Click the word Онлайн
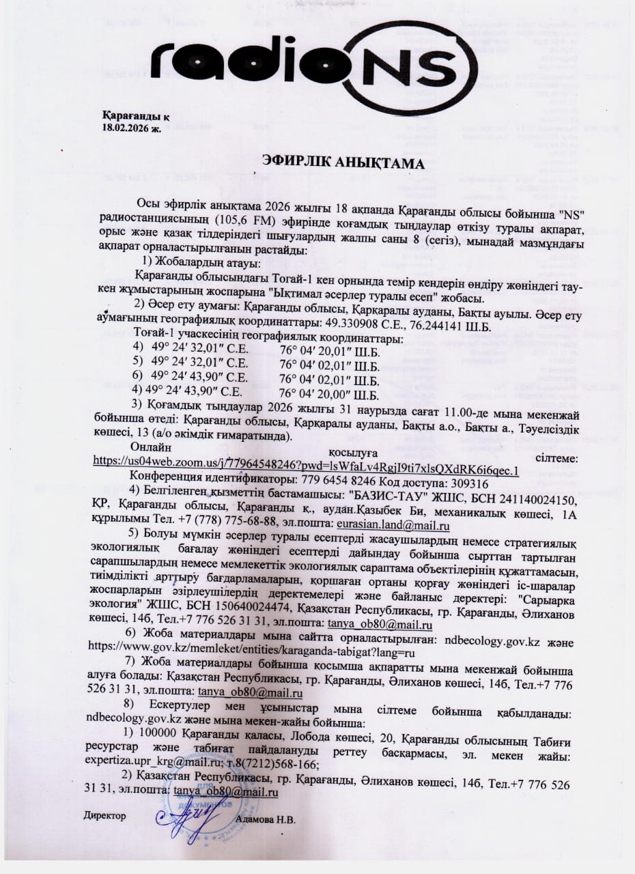[x=151, y=447]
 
